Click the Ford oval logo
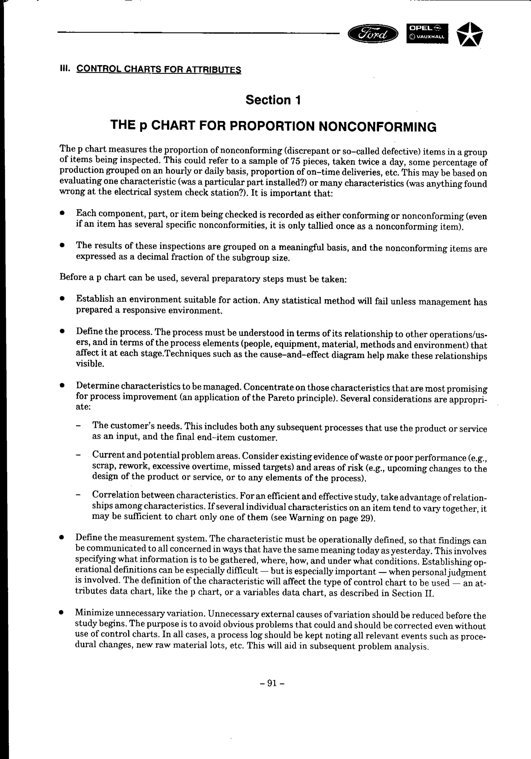[373, 34]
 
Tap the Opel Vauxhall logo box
[427, 33]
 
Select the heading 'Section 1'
[273, 100]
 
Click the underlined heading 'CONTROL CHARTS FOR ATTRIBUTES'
[158, 69]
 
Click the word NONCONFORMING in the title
[377, 127]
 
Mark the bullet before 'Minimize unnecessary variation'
[61, 613]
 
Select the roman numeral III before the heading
[64, 69]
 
